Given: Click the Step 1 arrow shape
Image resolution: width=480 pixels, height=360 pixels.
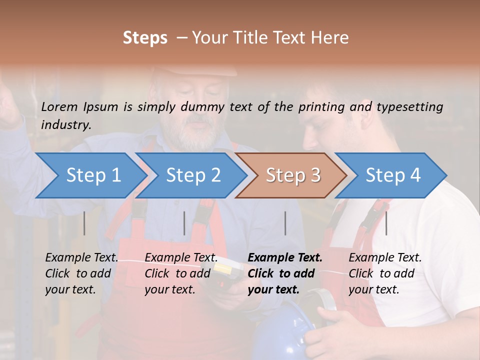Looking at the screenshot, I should [92, 175].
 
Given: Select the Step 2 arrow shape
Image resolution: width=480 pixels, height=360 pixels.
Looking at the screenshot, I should [192, 175].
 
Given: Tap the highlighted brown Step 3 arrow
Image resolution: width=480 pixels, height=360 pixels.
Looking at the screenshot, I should [292, 175].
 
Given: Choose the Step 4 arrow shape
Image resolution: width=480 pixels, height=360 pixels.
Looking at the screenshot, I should [392, 175].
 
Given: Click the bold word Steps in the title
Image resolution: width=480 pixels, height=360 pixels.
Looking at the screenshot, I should [145, 38].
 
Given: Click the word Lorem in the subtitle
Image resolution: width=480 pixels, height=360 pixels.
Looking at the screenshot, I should [59, 107].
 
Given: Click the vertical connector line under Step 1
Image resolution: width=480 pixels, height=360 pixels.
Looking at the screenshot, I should [84, 223].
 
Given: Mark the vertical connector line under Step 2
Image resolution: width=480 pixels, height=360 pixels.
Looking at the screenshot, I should [184, 223].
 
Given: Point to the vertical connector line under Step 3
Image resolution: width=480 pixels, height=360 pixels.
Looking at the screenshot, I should [285, 223].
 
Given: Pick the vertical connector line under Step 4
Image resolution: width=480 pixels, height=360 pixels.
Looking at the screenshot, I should [386, 223].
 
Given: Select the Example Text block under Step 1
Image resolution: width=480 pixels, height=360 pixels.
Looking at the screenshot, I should [81, 273].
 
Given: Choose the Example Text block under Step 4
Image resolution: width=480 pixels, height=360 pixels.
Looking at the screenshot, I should [385, 273].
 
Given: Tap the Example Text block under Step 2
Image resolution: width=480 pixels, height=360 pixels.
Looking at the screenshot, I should [181, 273].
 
